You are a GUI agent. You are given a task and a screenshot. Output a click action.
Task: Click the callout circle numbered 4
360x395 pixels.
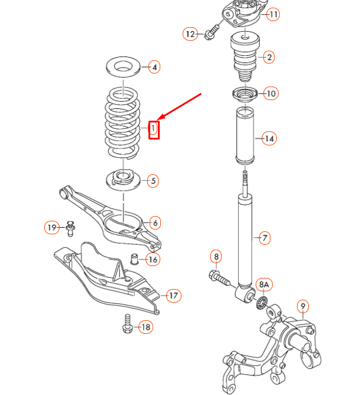pyautogui.click(x=154, y=67)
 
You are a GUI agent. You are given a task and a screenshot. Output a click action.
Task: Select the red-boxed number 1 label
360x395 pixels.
pyautogui.click(x=153, y=128)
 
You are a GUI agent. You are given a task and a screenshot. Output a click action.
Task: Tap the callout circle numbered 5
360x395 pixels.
pyautogui.click(x=153, y=181)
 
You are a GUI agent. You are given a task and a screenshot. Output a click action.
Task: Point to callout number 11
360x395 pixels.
pyautogui.click(x=272, y=14)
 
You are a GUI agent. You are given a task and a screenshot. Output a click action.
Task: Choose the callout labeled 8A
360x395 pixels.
pyautogui.click(x=263, y=284)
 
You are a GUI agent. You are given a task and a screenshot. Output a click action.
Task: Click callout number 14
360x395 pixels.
pyautogui.click(x=269, y=139)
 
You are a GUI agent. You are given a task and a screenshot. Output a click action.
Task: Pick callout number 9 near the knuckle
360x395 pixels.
pyautogui.click(x=302, y=306)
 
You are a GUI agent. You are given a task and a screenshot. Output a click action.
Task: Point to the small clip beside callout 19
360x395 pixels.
pyautogui.click(x=71, y=228)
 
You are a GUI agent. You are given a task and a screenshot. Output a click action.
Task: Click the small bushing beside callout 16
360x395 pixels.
pyautogui.click(x=134, y=258)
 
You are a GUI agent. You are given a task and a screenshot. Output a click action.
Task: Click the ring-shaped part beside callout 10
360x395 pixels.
pyautogui.click(x=243, y=94)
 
